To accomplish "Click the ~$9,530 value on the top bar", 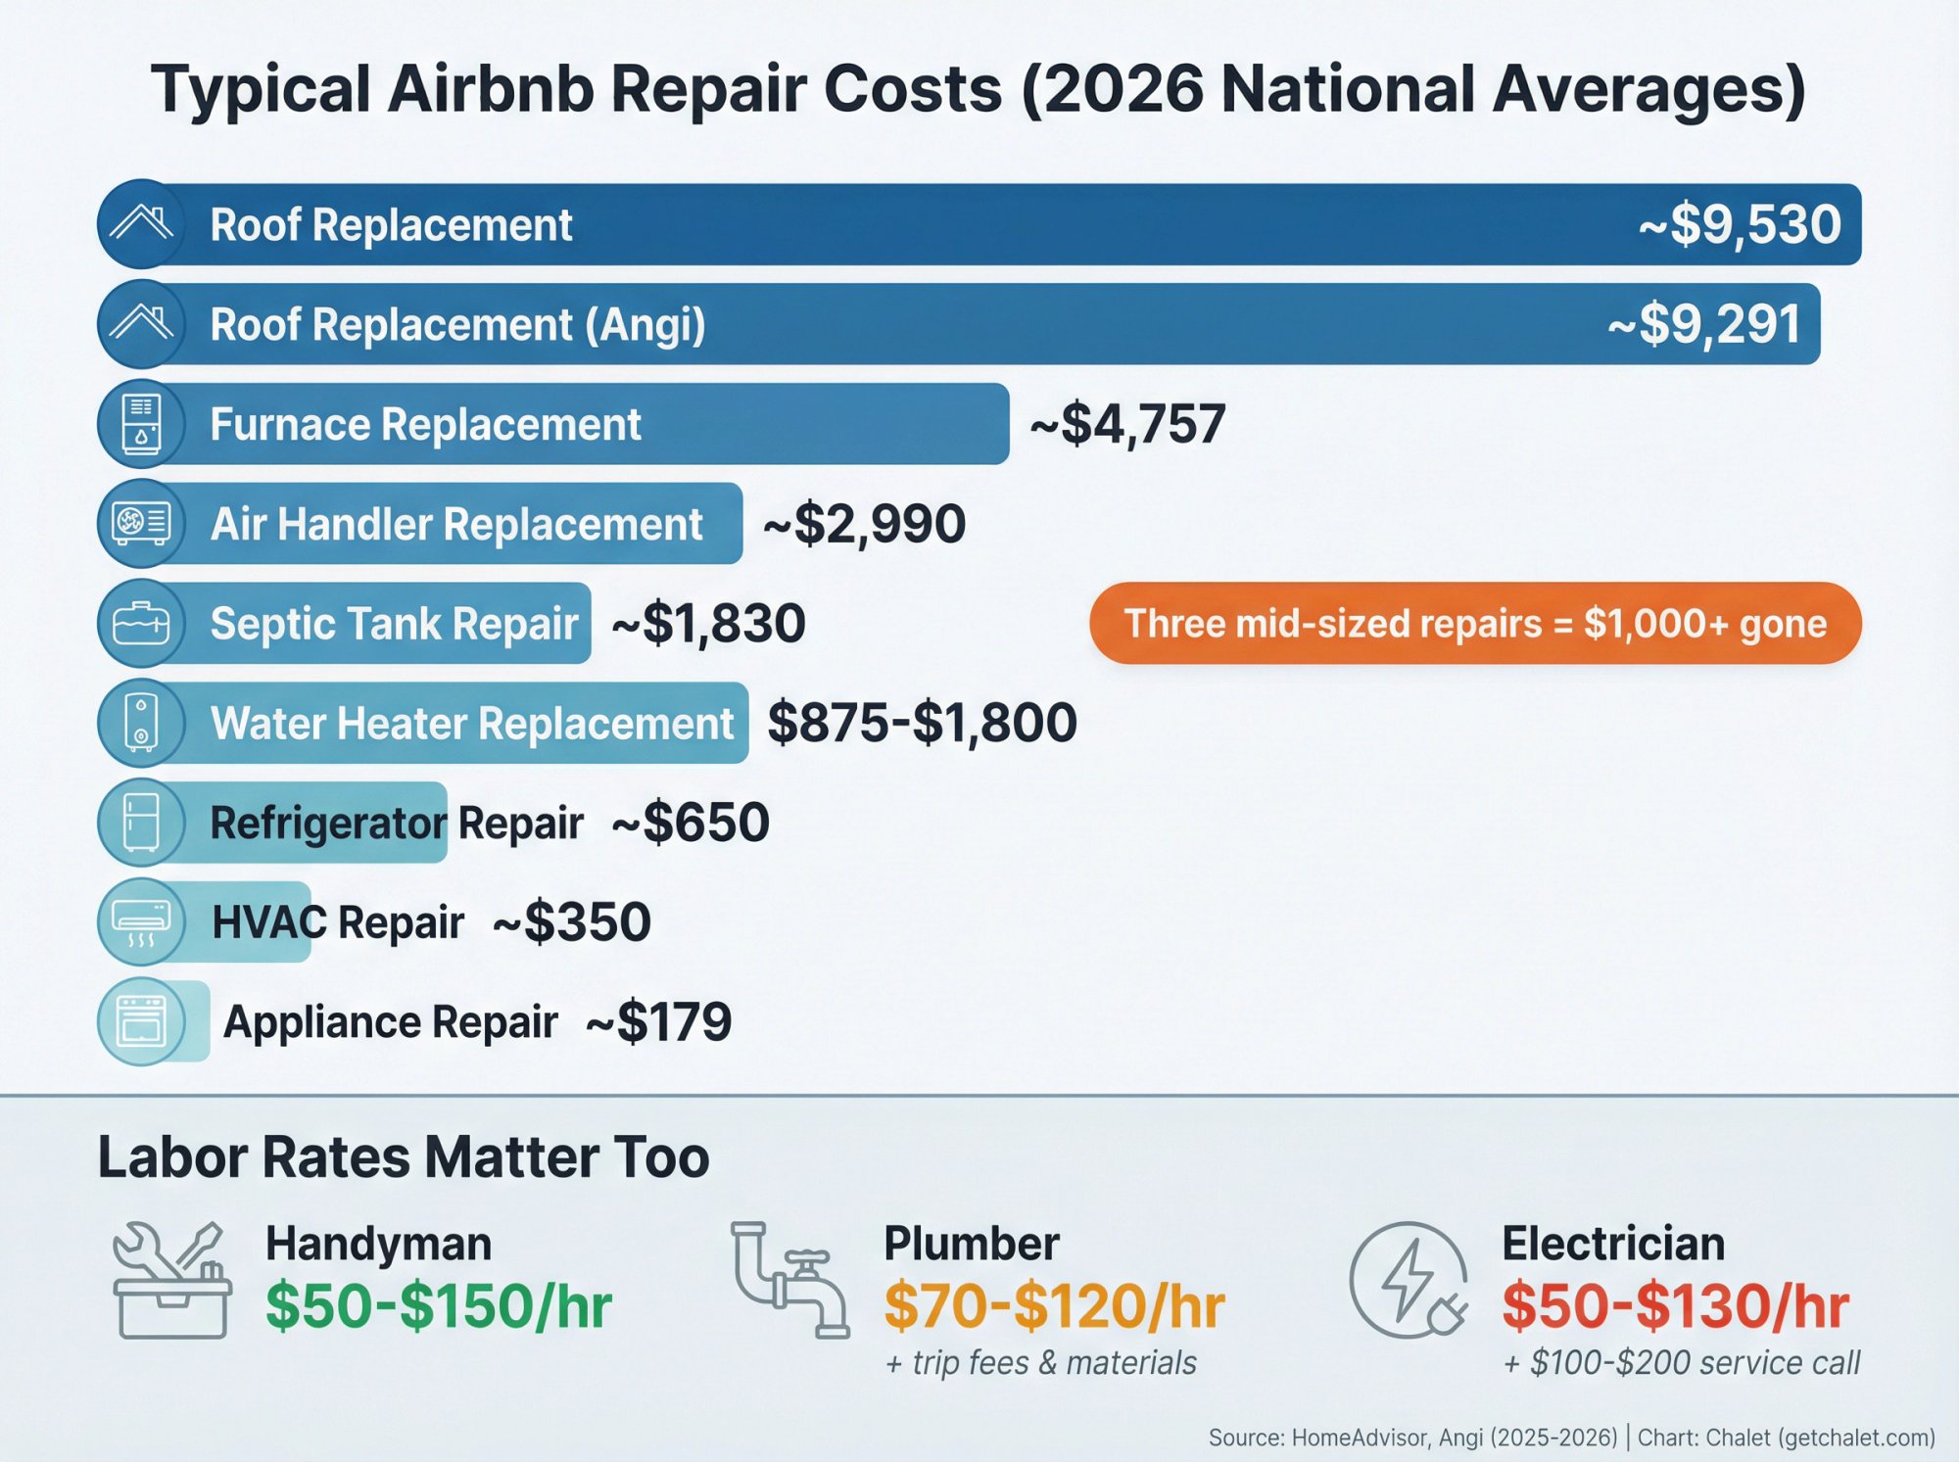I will click(1740, 224).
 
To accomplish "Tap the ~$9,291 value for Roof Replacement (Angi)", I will click(1703, 324).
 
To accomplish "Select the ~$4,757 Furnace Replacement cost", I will click(1127, 424).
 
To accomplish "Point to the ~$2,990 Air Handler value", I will click(864, 524).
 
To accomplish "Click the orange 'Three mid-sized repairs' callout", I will click(1474, 624).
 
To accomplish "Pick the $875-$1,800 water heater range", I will click(922, 723).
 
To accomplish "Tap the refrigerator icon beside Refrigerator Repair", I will click(141, 823).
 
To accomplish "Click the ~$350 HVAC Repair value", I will click(571, 922).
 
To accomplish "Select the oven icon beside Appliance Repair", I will click(141, 1022).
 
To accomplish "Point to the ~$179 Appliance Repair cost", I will click(658, 1022).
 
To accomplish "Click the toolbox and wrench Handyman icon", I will click(172, 1280).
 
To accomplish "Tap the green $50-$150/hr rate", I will click(439, 1306).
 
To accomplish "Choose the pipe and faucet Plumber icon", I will click(789, 1280).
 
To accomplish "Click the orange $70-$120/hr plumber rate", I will click(1054, 1306).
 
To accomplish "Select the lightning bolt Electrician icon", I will click(1407, 1280).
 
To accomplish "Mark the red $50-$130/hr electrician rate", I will click(1675, 1306).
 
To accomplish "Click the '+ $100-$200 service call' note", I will click(1681, 1363).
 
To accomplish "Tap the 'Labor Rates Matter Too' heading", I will click(404, 1157).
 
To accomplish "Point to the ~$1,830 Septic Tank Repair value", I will click(708, 624).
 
